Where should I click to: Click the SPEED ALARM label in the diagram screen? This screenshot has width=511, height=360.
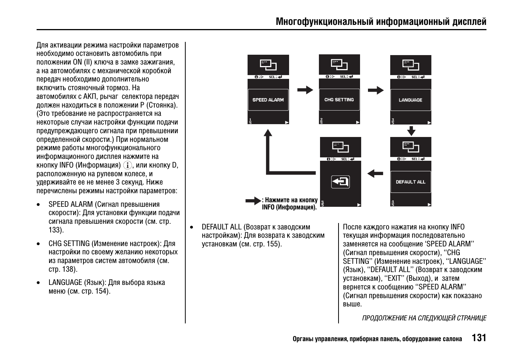click(268, 100)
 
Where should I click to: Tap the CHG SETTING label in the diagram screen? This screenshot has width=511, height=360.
click(339, 100)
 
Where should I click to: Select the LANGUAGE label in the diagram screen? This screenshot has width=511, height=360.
click(410, 100)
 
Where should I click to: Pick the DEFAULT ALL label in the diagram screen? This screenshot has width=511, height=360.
click(410, 182)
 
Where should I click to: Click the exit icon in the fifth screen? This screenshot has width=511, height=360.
click(340, 182)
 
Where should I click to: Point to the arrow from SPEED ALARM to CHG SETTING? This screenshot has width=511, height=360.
click(305, 90)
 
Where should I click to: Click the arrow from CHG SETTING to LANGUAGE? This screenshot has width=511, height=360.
click(376, 90)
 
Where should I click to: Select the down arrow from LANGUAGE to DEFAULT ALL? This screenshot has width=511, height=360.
click(411, 131)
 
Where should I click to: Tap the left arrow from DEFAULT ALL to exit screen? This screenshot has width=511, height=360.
click(375, 174)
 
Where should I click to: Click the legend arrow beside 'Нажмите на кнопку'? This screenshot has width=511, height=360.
click(253, 201)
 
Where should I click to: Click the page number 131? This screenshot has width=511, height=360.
click(479, 338)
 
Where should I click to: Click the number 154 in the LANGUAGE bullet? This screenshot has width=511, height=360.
click(101, 291)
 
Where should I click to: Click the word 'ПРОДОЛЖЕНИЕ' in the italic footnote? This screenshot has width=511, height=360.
click(385, 318)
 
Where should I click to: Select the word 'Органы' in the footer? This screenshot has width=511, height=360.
click(303, 339)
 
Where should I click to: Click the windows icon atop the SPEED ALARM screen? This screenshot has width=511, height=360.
click(268, 65)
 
